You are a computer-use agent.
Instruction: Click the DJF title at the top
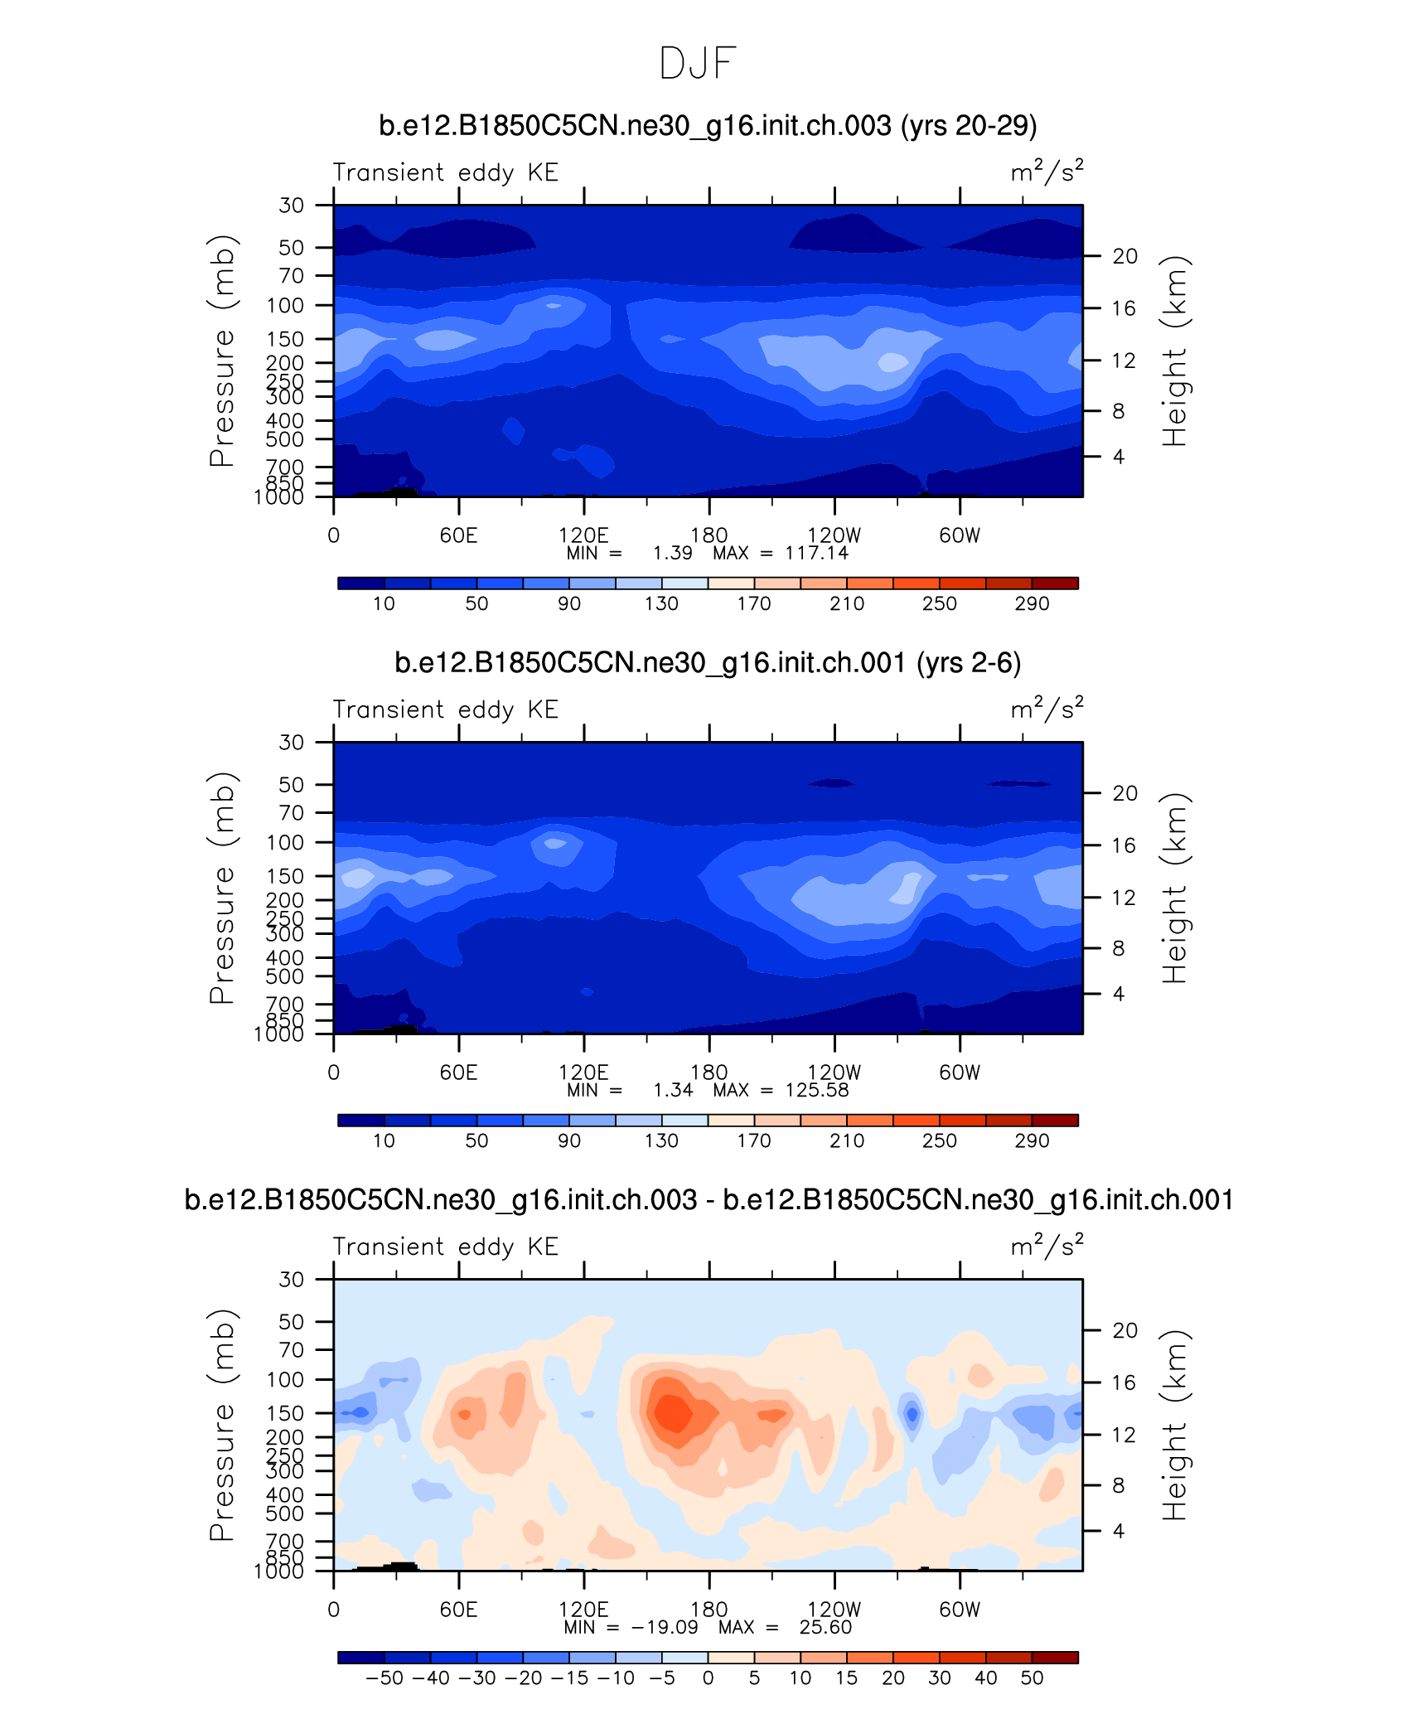(x=698, y=64)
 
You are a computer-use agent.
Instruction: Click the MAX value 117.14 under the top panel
(x=816, y=553)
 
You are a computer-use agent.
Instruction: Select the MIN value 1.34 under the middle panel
(x=672, y=1090)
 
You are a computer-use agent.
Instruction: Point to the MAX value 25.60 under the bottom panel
(x=825, y=1627)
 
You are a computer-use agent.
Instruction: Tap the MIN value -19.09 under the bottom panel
(x=665, y=1627)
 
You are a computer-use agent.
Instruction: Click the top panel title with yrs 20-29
(x=708, y=126)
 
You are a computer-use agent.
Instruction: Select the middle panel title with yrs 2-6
(x=708, y=663)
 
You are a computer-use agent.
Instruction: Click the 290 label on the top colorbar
(x=1032, y=603)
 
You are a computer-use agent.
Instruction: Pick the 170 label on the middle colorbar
(x=754, y=1140)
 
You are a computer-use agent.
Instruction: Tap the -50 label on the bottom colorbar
(x=384, y=1678)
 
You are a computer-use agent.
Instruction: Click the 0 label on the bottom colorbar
(x=708, y=1678)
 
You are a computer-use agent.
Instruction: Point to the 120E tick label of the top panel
(x=583, y=535)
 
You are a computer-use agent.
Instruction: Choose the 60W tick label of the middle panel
(x=960, y=1073)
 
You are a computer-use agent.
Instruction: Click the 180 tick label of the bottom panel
(x=709, y=1610)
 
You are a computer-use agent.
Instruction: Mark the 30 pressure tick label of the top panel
(x=291, y=205)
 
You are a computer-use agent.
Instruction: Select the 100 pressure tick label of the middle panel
(x=285, y=843)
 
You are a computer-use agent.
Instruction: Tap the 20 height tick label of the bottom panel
(x=1124, y=1330)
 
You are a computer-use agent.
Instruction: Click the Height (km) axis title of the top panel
(x=1175, y=351)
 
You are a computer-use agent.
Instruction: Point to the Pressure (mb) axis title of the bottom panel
(x=222, y=1425)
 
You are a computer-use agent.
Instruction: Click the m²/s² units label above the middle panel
(x=1047, y=709)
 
